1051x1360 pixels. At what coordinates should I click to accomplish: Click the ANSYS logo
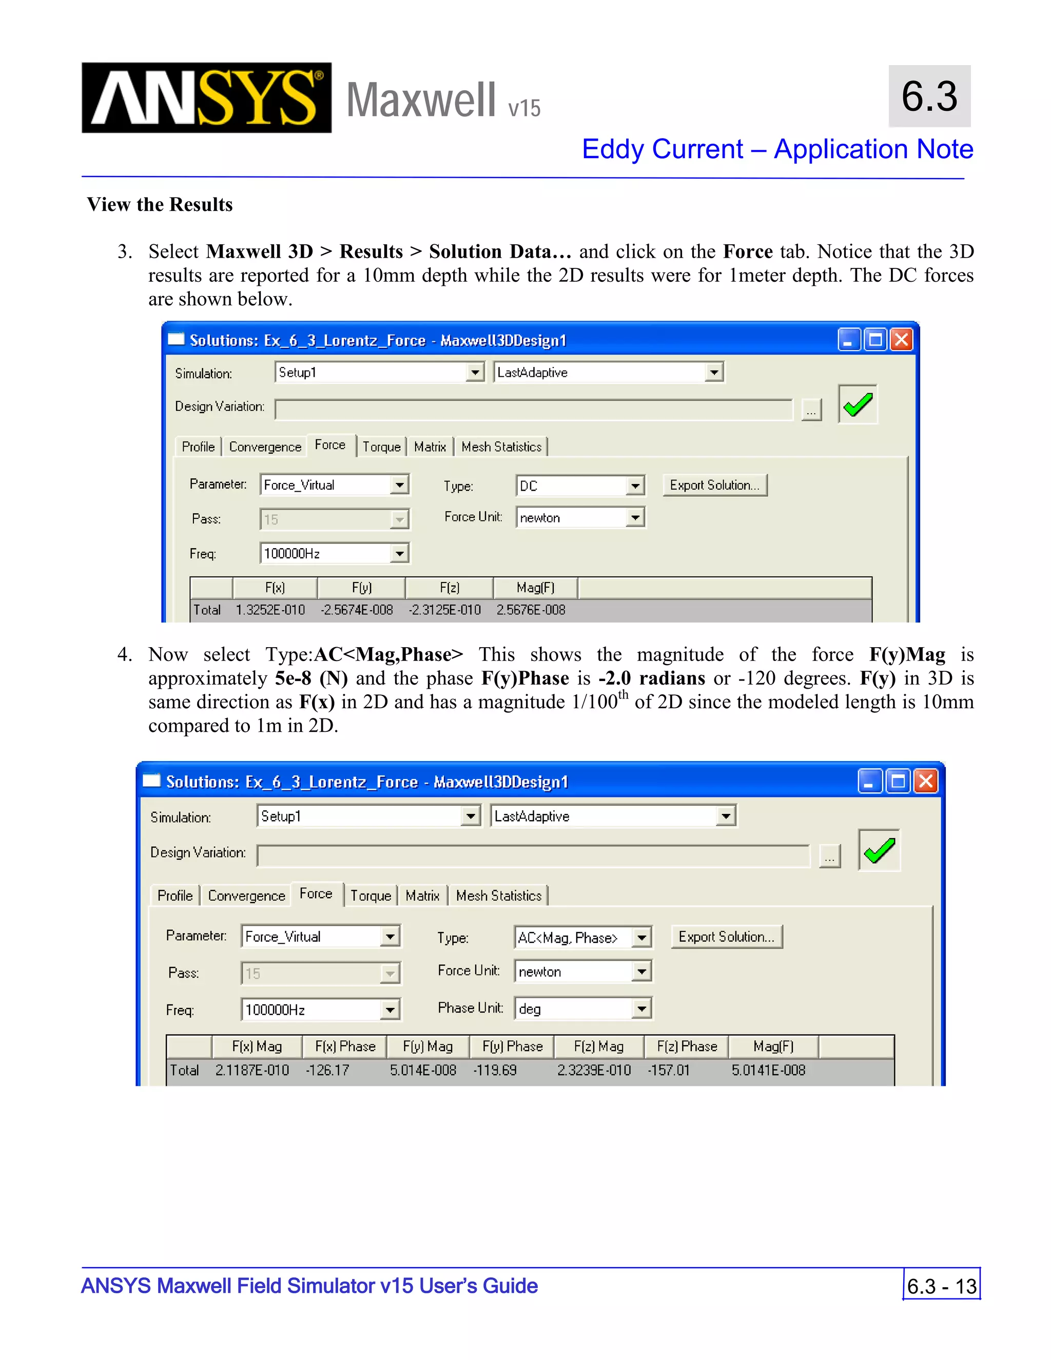(206, 98)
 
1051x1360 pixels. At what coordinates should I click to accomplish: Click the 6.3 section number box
(929, 96)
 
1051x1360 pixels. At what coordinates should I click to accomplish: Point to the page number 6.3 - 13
(941, 1286)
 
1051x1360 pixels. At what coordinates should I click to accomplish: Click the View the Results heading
(160, 204)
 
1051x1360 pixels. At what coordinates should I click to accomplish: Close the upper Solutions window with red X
(901, 340)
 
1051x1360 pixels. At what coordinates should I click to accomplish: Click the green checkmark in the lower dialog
(879, 850)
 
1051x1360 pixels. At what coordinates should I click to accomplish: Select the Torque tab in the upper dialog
(381, 447)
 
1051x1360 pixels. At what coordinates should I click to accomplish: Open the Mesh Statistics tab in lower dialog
(498, 896)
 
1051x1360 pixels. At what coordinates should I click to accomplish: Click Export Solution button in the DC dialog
(714, 485)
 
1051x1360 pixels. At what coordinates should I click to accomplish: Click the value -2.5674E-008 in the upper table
(357, 610)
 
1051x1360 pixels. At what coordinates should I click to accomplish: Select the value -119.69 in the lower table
(495, 1071)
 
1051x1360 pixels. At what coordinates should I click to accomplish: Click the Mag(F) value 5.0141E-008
(768, 1071)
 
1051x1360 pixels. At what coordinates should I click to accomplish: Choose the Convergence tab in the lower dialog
(246, 896)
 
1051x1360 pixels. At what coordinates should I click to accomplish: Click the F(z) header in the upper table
(449, 588)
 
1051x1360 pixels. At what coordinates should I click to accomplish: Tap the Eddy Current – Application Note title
(777, 149)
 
